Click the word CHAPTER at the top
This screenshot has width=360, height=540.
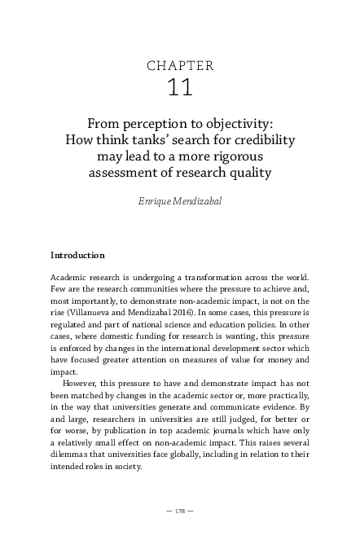(x=180, y=65)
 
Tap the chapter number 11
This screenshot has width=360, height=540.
(x=179, y=88)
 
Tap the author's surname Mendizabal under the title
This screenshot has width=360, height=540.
(x=197, y=199)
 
